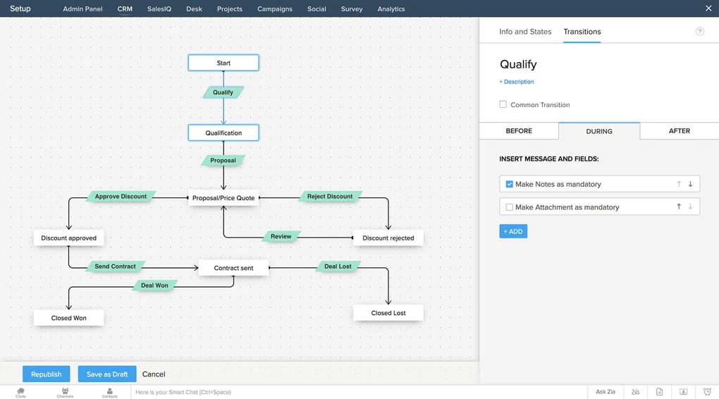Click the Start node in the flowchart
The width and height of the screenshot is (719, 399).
click(223, 63)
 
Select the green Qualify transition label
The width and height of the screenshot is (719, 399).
click(223, 92)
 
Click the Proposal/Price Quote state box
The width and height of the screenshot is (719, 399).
click(223, 198)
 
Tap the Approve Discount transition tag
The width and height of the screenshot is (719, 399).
click(121, 197)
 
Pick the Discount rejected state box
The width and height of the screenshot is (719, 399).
click(388, 238)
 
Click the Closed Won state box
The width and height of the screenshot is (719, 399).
click(69, 318)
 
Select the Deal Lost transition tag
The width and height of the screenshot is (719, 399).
click(338, 266)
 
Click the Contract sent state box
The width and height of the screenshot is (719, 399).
click(233, 269)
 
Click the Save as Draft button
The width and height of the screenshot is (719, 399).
click(107, 374)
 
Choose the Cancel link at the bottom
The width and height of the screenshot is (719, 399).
click(154, 374)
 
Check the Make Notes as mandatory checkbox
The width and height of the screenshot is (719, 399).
click(510, 184)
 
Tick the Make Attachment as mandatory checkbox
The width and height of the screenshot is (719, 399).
click(510, 207)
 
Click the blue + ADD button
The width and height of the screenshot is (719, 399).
click(513, 231)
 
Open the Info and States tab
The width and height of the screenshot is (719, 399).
click(525, 32)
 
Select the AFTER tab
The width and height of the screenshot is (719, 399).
click(679, 131)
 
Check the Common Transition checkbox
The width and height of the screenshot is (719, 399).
click(503, 104)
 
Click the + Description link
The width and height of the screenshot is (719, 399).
click(517, 82)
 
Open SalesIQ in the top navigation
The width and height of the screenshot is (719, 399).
click(159, 9)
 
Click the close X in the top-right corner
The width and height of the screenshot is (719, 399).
click(708, 8)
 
